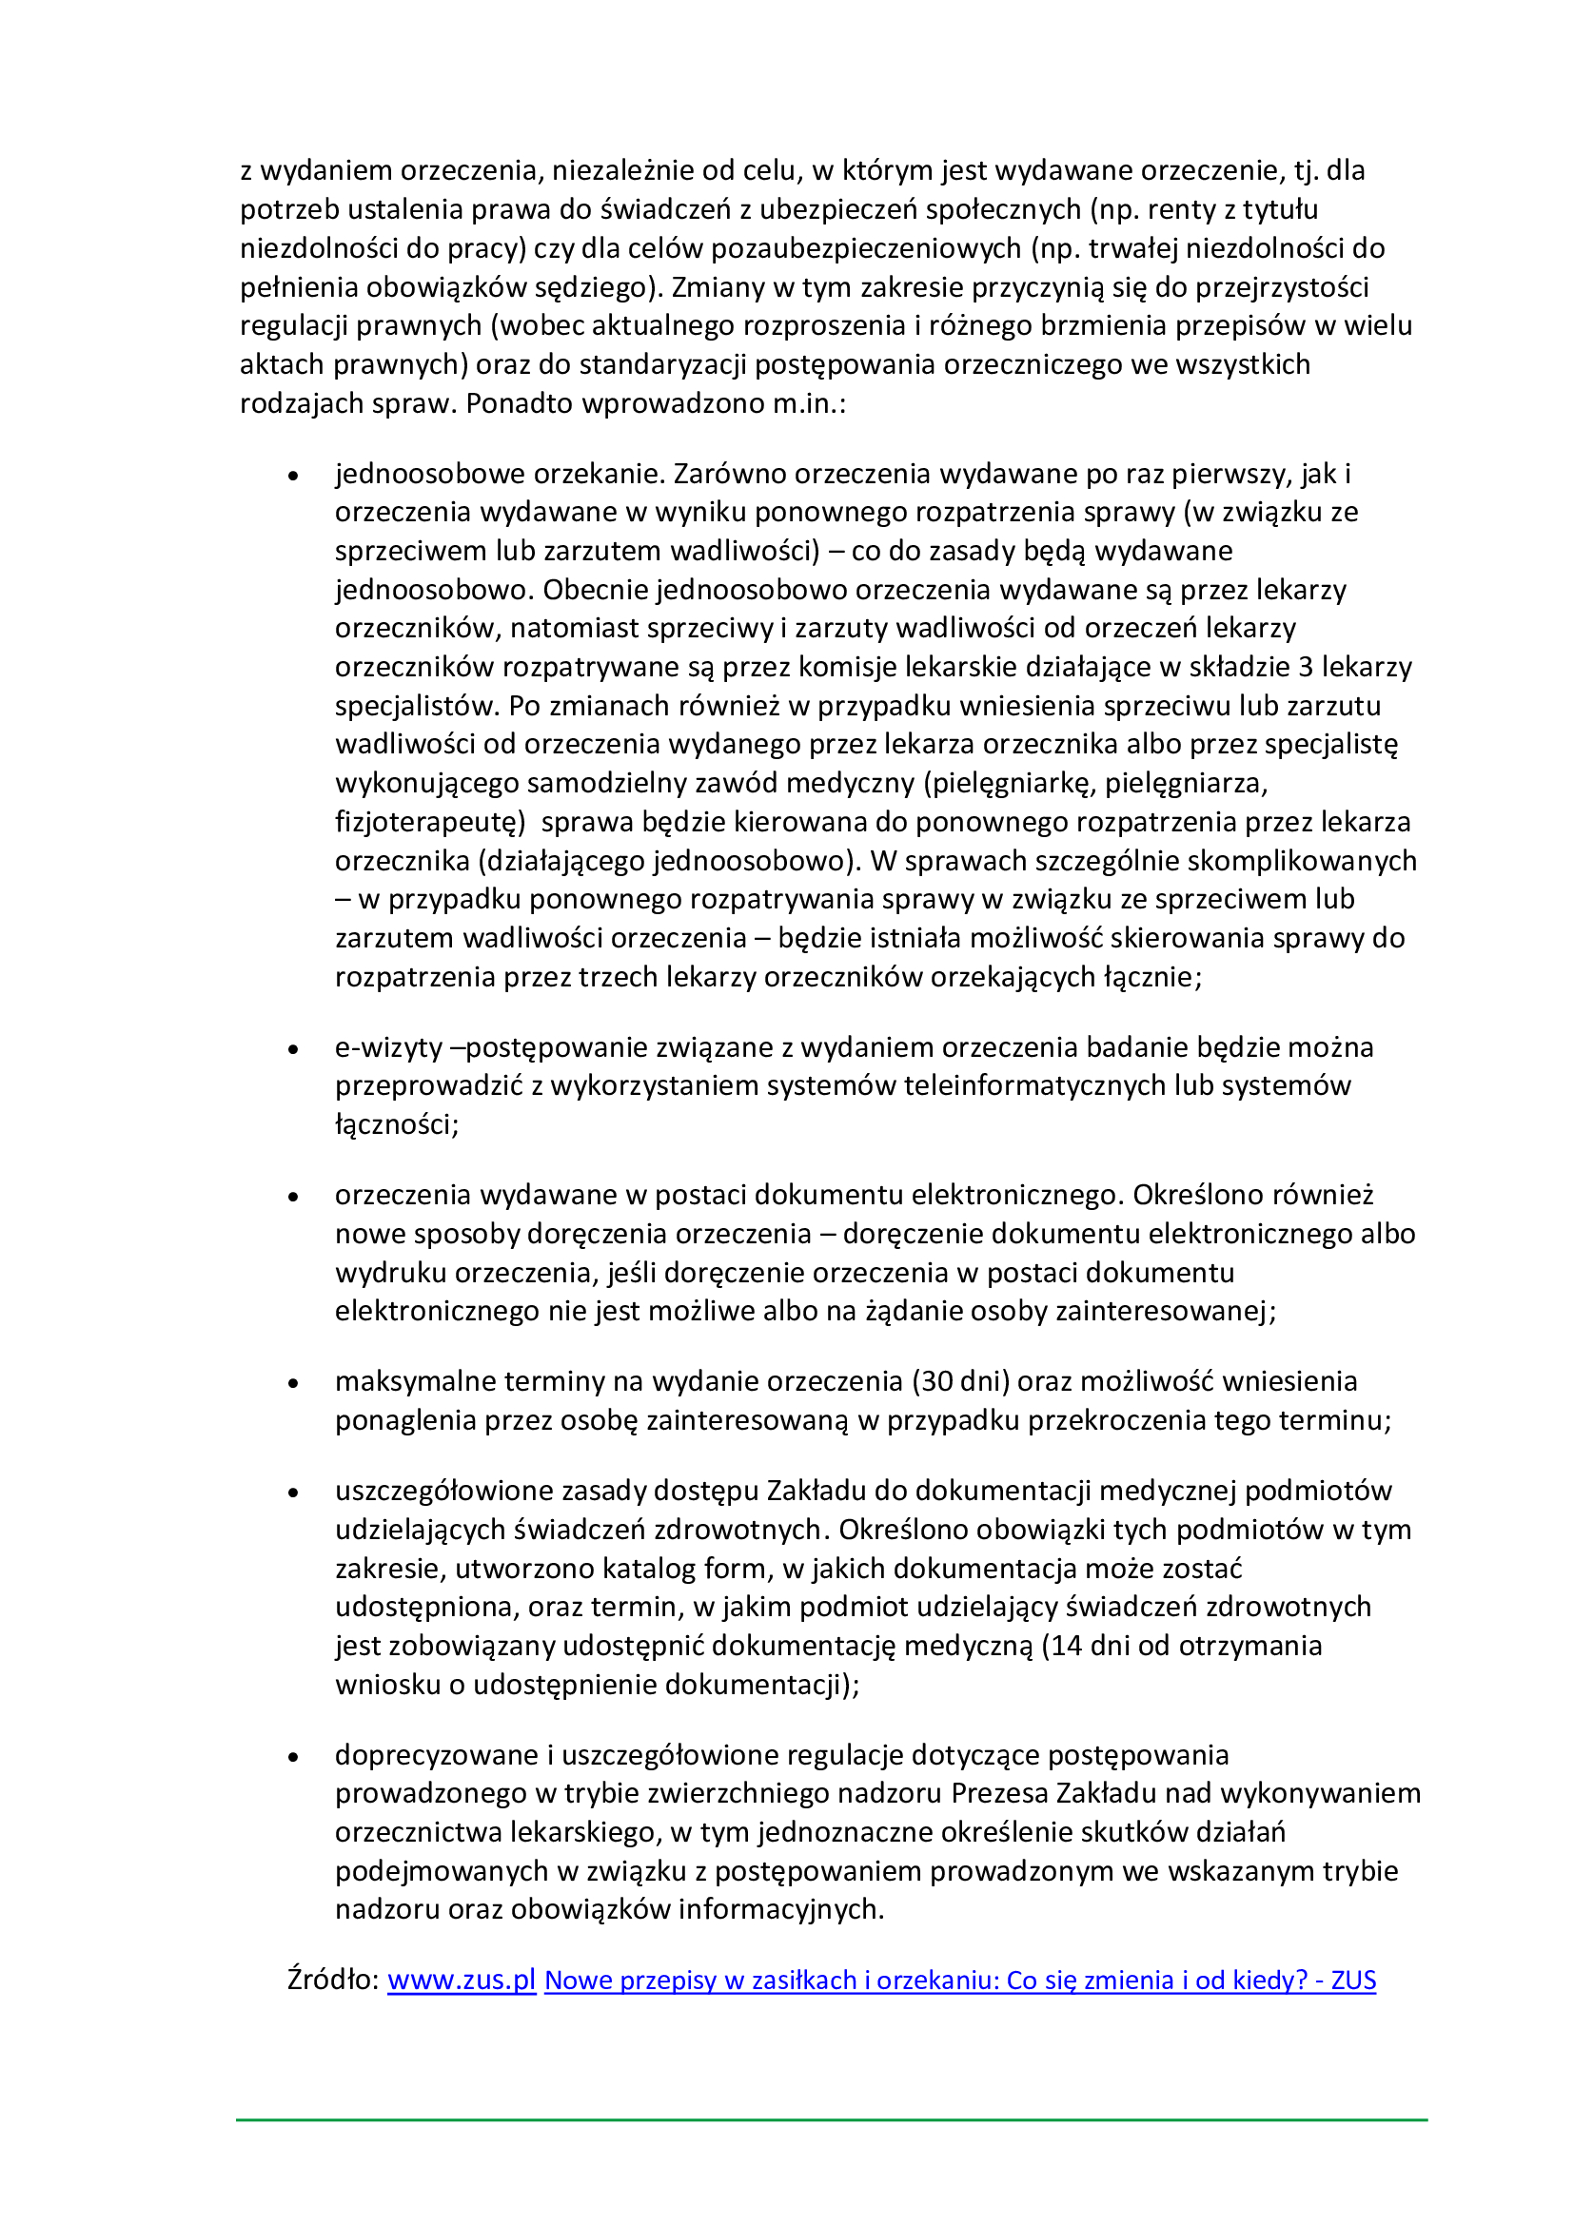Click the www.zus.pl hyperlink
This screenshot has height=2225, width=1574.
pyautogui.click(x=462, y=1980)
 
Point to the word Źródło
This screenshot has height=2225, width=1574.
pyautogui.click(x=331, y=1980)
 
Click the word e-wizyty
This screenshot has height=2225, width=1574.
pyautogui.click(x=388, y=1047)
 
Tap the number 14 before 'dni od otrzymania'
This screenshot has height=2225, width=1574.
pyautogui.click(x=1061, y=1646)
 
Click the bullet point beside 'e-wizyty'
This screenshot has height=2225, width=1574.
pyautogui.click(x=294, y=1049)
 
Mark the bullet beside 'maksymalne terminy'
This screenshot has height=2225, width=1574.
pyautogui.click(x=294, y=1383)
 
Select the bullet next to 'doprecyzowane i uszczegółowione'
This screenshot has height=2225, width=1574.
pyautogui.click(x=294, y=1757)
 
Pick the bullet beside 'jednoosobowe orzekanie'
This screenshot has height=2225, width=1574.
pyautogui.click(x=294, y=476)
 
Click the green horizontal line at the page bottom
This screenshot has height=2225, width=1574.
pyautogui.click(x=832, y=2120)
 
